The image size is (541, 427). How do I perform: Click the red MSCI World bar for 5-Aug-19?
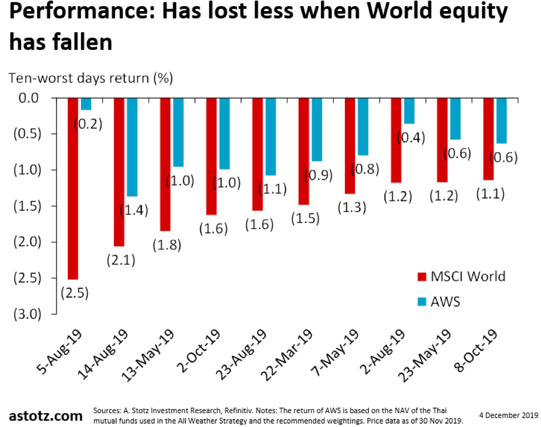coord(73,189)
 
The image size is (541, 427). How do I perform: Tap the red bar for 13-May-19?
coord(166,164)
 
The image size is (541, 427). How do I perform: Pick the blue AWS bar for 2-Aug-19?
coord(409,110)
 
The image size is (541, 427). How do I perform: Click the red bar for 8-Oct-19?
coord(488,139)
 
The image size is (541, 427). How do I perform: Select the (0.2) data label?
coord(88,124)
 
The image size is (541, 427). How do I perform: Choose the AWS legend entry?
coord(444,301)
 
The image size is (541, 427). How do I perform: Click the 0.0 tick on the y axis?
coord(28,98)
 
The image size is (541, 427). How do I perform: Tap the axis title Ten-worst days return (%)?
coord(91,78)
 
